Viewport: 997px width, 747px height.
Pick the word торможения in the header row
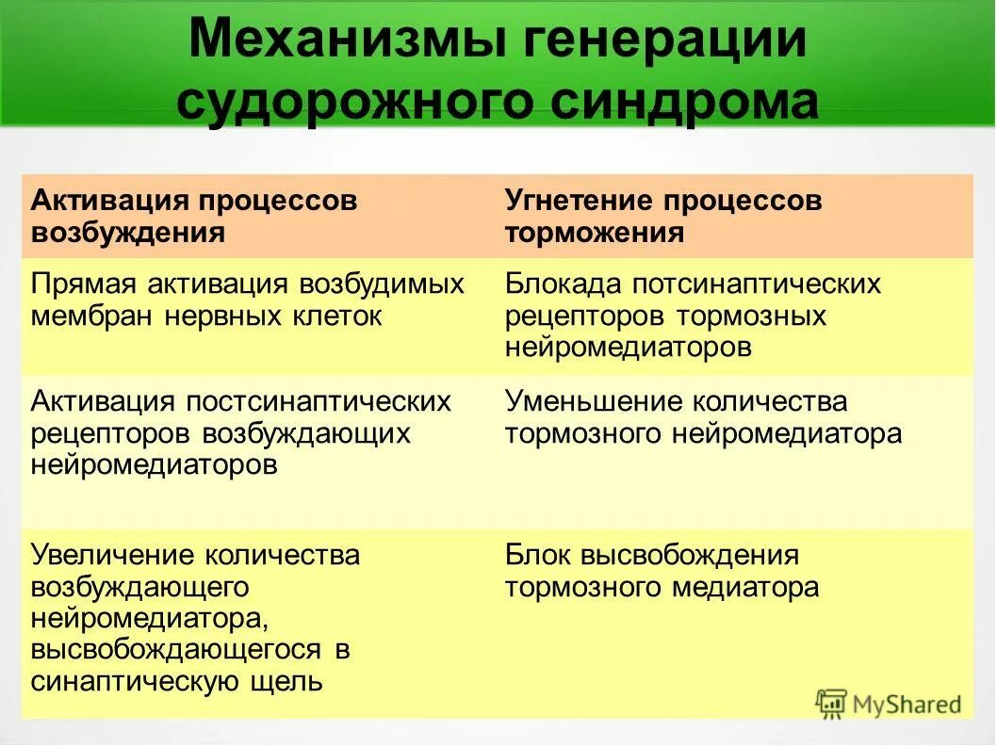click(x=594, y=233)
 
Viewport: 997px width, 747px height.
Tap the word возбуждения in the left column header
click(x=128, y=233)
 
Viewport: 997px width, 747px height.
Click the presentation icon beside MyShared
click(x=831, y=704)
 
